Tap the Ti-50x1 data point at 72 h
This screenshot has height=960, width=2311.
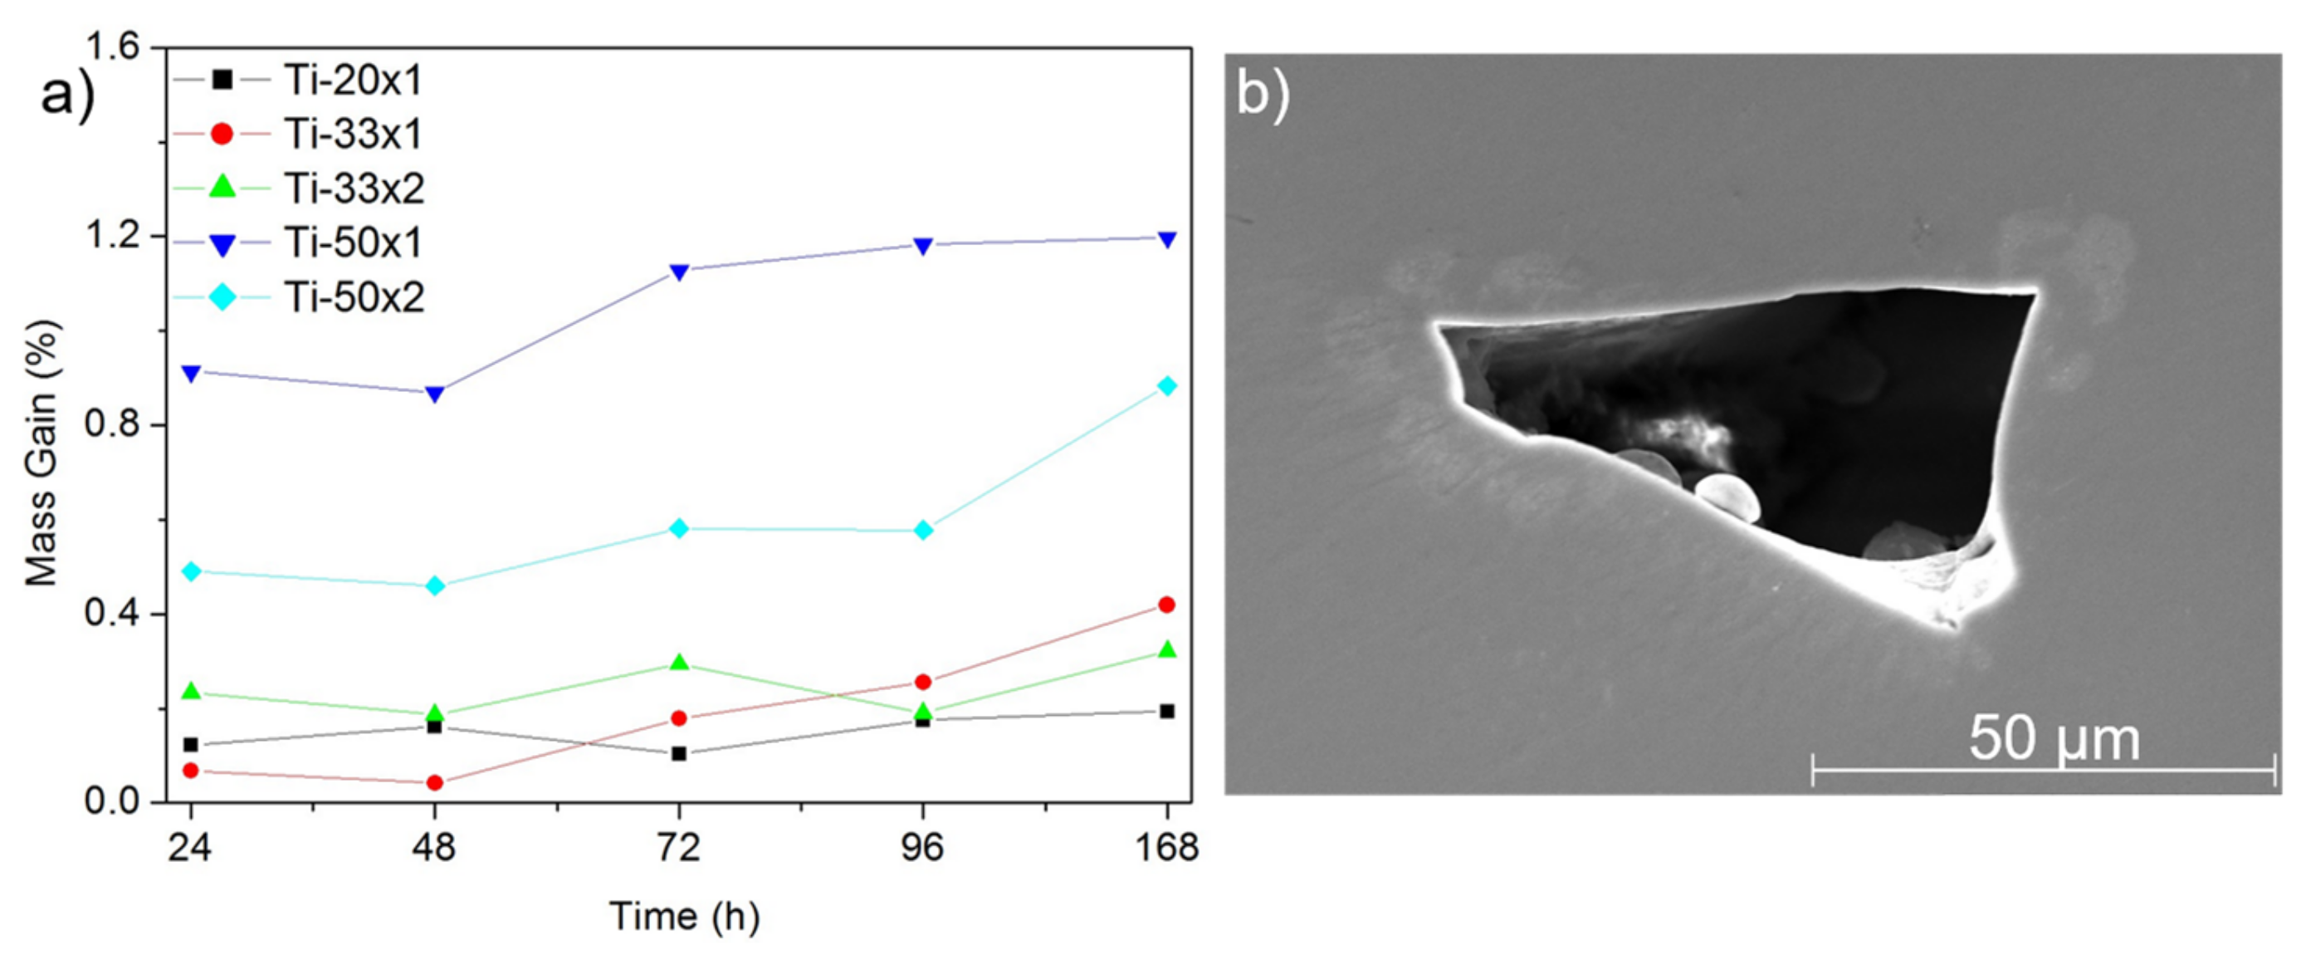[x=679, y=271]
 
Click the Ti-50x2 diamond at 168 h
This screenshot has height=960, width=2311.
[x=1167, y=386]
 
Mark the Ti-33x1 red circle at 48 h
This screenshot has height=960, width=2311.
[x=434, y=782]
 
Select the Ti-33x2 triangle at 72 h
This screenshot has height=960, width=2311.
[x=679, y=662]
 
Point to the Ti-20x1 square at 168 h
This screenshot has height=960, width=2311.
[x=1167, y=712]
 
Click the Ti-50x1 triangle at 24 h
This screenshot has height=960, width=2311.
[x=190, y=372]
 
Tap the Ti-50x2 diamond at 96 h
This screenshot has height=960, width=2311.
[x=923, y=531]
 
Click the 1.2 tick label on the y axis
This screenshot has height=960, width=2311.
[x=113, y=235]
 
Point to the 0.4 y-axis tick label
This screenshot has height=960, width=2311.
[x=113, y=614]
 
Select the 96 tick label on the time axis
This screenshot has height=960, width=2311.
[x=922, y=848]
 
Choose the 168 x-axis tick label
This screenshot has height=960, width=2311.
[x=1166, y=848]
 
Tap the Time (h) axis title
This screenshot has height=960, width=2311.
[x=685, y=916]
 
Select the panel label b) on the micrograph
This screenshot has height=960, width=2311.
[x=1263, y=92]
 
